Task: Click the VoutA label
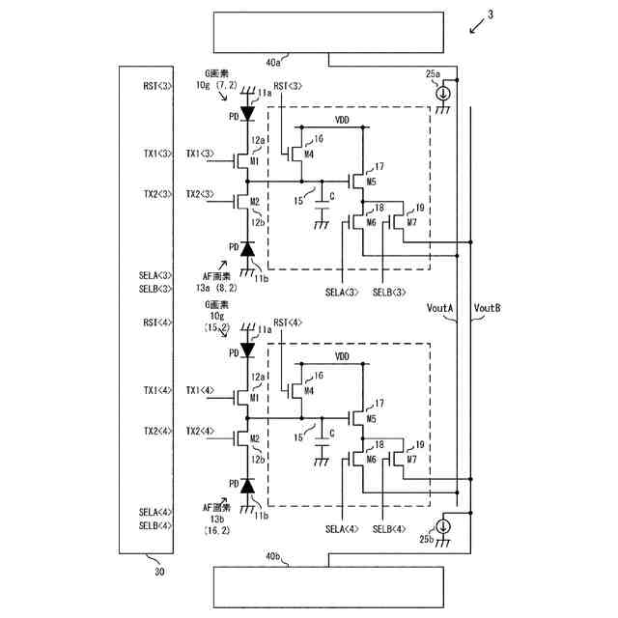(440, 308)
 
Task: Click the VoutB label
(488, 308)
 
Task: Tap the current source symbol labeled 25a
(443, 94)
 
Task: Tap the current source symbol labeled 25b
(443, 527)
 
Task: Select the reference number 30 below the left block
(158, 571)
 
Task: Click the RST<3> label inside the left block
(156, 86)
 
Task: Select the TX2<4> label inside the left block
(156, 430)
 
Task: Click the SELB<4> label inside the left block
(155, 525)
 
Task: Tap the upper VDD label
(342, 120)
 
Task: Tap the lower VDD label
(342, 356)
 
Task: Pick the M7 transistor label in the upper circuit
(412, 222)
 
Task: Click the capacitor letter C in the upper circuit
(331, 197)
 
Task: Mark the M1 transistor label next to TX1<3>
(255, 161)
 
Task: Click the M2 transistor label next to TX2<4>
(255, 438)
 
